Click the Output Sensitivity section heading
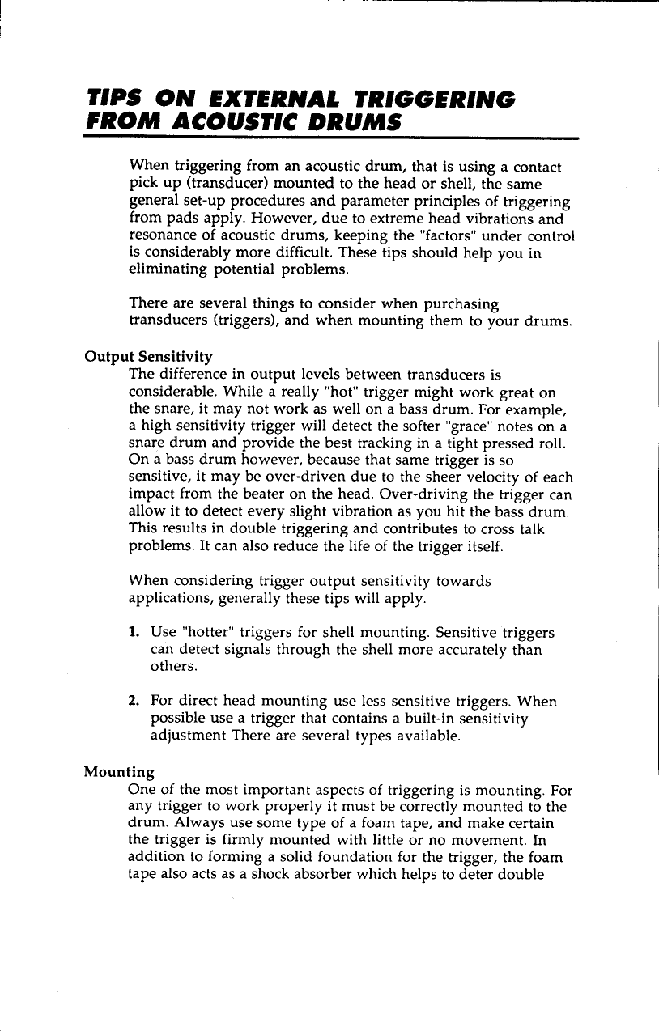click(149, 356)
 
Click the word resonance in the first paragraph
click(161, 235)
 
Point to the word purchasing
click(458, 303)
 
